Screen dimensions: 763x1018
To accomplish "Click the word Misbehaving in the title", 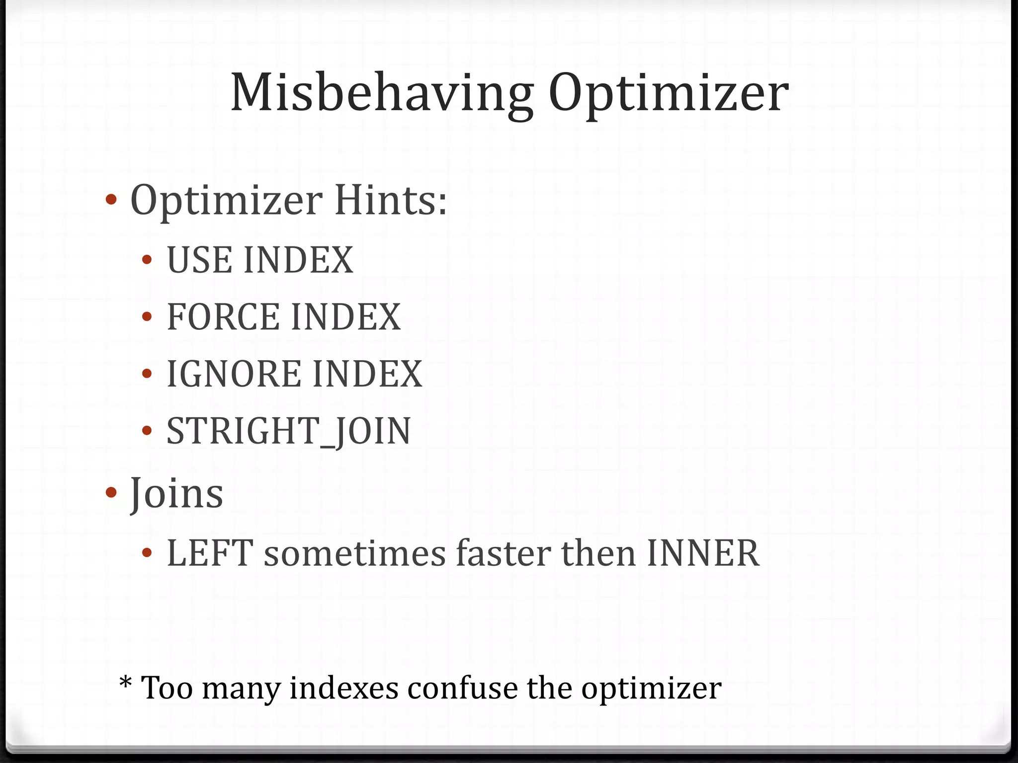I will tap(382, 93).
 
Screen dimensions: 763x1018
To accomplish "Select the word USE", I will tap(199, 260).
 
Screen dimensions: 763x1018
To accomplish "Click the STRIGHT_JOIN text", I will tap(289, 431).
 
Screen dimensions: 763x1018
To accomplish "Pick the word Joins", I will tap(176, 494).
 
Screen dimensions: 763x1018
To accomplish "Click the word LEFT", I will tap(210, 553).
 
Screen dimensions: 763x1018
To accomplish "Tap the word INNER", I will tap(703, 553).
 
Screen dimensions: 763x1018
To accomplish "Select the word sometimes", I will tap(354, 553).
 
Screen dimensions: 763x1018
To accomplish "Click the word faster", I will tap(503, 553).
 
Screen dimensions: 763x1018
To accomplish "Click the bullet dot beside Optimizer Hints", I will tap(111, 200).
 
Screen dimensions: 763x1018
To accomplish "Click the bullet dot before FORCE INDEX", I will tap(147, 317).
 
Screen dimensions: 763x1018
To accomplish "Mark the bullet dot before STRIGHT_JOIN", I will tap(147, 431).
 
